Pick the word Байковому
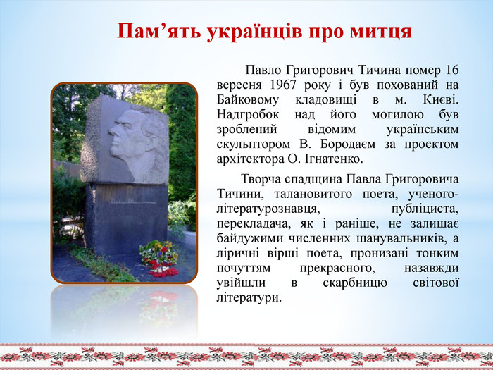pyautogui.click(x=248, y=100)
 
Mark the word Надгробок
pyautogui.click(x=248, y=114)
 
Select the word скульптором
pyautogui.click(x=253, y=144)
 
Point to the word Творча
pyautogui.click(x=261, y=179)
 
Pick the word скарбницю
pyautogui.click(x=355, y=283)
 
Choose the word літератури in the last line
pyautogui.click(x=249, y=297)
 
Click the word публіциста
pyautogui.click(x=425, y=209)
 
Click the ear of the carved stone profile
pyautogui.click(x=151, y=141)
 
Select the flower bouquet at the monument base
pyautogui.click(x=159, y=259)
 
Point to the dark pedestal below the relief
pyautogui.click(x=126, y=217)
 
